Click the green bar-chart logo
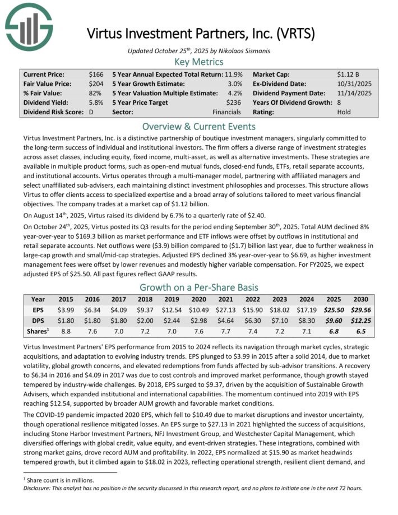[x=29, y=26]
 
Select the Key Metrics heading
[x=199, y=62]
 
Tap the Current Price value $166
[x=96, y=74]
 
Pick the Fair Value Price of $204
[x=96, y=83]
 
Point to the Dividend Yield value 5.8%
[x=95, y=103]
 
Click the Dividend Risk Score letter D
[x=91, y=112]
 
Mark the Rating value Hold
[x=344, y=112]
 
